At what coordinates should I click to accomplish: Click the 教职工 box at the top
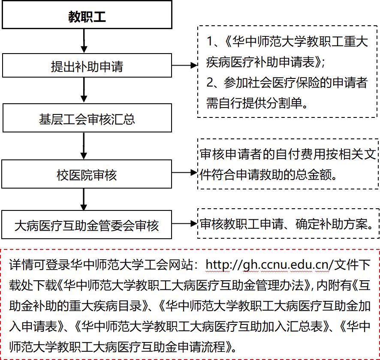87,16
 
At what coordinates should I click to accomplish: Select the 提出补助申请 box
87,66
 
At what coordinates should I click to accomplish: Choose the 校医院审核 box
87,174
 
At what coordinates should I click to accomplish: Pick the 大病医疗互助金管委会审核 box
87,225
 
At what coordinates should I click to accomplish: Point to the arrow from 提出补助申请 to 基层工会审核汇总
84,91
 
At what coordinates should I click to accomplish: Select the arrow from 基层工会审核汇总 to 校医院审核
84,146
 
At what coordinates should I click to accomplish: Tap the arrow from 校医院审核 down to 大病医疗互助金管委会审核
84,199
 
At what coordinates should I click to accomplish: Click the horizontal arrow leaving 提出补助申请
185,66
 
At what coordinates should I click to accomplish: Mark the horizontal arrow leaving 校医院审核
185,173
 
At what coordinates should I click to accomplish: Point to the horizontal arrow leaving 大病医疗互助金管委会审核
185,223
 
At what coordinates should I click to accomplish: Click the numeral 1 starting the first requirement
211,42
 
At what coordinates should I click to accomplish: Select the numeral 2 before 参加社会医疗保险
211,83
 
